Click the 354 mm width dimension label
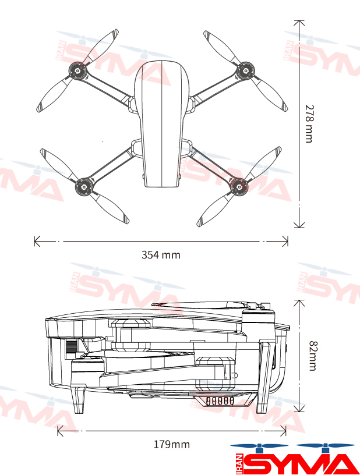(161, 255)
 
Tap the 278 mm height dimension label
(309, 123)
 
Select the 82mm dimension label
(313, 356)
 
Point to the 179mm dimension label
(172, 444)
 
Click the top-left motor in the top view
(77, 71)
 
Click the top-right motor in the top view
(245, 71)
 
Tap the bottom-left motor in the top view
(84, 187)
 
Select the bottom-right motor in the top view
(239, 186)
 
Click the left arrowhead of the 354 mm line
(37, 242)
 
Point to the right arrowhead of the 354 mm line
(285, 242)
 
